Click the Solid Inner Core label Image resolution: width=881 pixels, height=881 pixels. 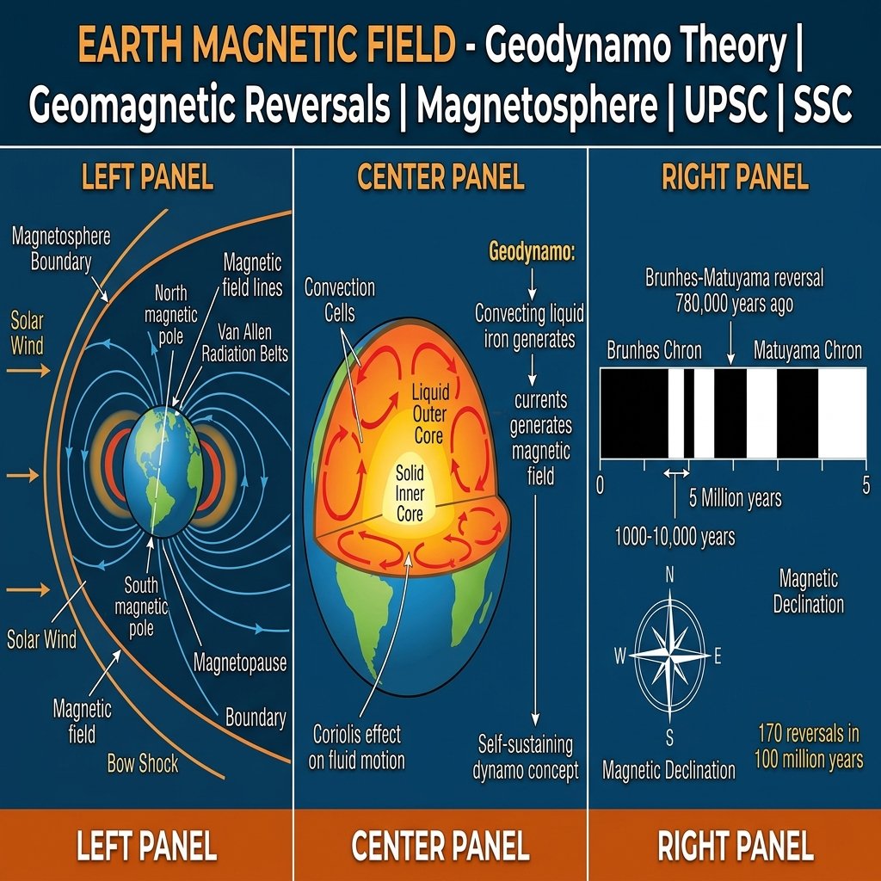tap(410, 493)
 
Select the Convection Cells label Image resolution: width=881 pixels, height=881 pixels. tap(340, 299)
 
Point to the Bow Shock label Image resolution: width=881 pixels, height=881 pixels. tap(143, 763)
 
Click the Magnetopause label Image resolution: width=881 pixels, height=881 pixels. tap(239, 663)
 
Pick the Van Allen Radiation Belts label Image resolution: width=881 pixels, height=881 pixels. tap(245, 344)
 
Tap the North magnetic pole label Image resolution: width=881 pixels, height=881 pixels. tap(170, 314)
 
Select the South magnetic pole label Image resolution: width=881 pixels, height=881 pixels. tap(141, 607)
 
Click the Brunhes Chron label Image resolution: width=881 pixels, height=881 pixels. tap(654, 351)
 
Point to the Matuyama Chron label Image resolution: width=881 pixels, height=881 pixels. tap(807, 351)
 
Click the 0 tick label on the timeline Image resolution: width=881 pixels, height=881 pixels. tap(601, 484)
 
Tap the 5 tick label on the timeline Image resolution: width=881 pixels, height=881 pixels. tap(866, 484)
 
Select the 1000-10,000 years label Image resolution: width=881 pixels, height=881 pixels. tap(675, 538)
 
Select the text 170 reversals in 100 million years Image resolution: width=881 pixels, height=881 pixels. tap(809, 747)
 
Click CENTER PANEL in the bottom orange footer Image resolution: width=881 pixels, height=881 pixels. tap(440, 847)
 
